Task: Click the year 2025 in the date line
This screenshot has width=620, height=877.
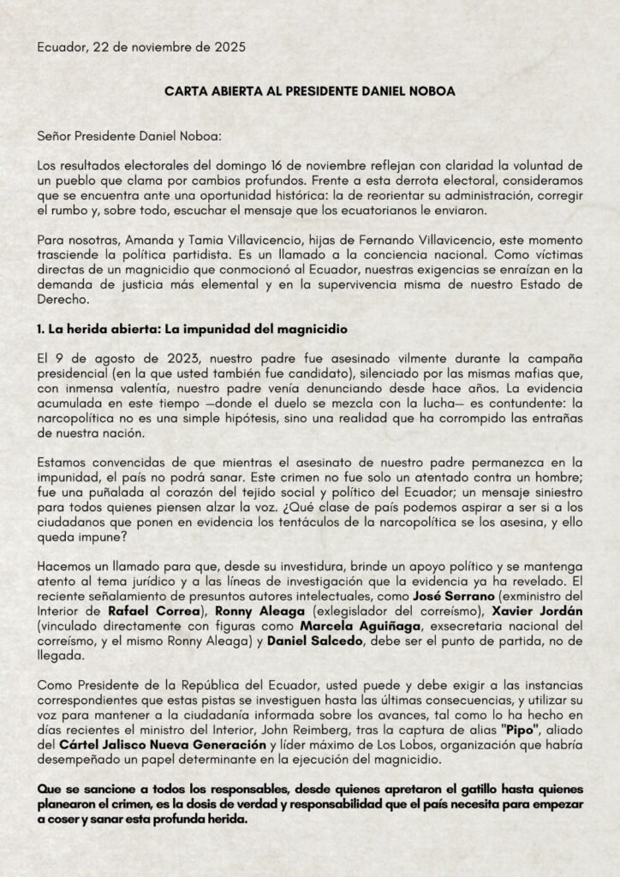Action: [x=229, y=48]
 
